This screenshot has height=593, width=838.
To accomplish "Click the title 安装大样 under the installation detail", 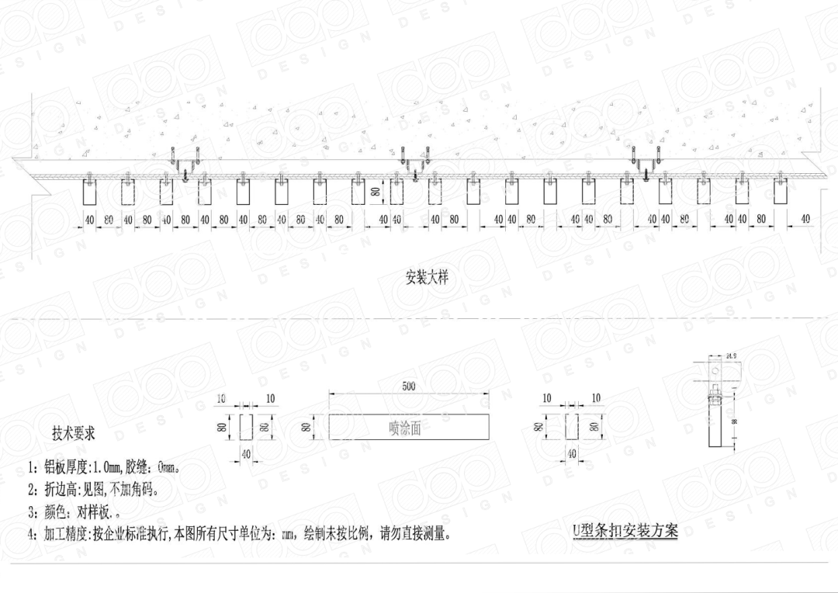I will [x=427, y=276].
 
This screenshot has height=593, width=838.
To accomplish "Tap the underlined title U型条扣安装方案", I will [x=625, y=531].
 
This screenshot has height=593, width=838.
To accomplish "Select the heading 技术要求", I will [x=73, y=434].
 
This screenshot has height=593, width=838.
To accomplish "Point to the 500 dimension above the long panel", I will [x=409, y=386].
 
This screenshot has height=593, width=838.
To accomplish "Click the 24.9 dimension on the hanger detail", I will [x=731, y=357].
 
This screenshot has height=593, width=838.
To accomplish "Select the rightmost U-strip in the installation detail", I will [x=781, y=192].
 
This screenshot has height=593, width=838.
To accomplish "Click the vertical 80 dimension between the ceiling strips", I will [x=375, y=190].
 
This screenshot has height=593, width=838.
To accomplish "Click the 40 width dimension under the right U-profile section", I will [x=572, y=453].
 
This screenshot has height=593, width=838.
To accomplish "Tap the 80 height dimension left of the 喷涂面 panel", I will [x=306, y=427].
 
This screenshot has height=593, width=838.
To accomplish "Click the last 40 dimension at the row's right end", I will [x=805, y=219].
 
